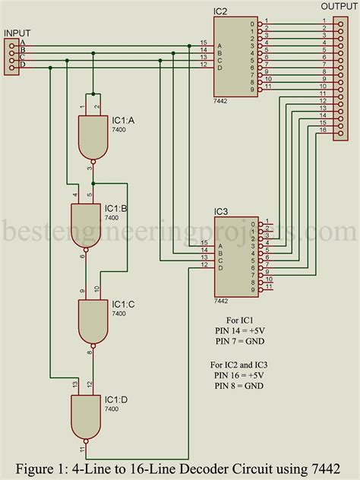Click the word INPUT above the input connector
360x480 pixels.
coord(18,33)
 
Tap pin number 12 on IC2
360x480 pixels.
coord(203,64)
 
